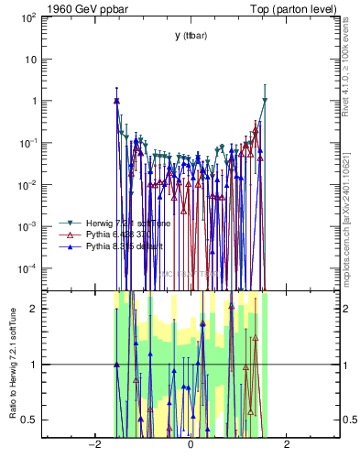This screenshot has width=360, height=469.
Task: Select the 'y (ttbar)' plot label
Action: point(190,36)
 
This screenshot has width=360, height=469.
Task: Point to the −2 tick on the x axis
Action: point(93,444)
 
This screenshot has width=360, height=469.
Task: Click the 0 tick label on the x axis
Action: point(190,444)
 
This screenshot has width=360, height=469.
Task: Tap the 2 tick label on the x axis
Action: point(287,444)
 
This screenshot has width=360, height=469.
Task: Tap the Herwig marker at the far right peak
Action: point(265,101)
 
